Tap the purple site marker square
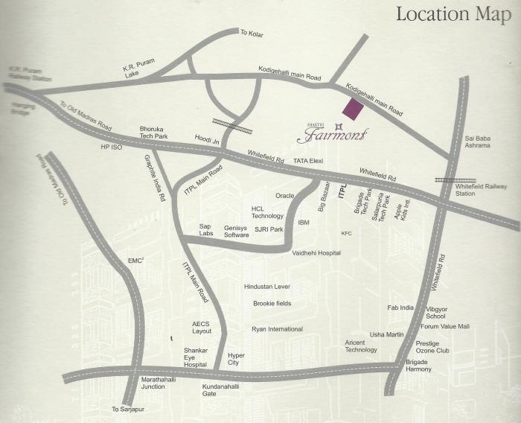pyautogui.click(x=352, y=109)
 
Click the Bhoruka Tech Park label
pyautogui.click(x=154, y=133)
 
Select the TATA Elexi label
pyautogui.click(x=307, y=160)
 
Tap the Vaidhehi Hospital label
pyautogui.click(x=316, y=253)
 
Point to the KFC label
pyautogui.click(x=346, y=234)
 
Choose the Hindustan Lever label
pyautogui.click(x=266, y=287)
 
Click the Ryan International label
pyautogui.click(x=277, y=328)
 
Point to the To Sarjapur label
pyautogui.click(x=126, y=410)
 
